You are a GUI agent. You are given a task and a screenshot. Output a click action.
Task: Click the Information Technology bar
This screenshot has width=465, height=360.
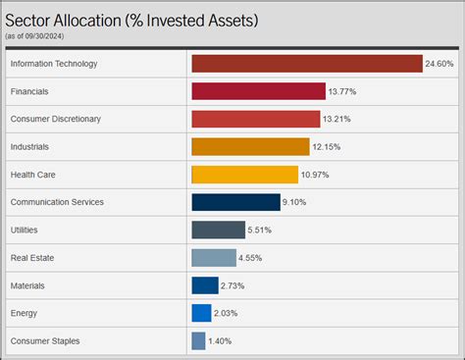coord(306,64)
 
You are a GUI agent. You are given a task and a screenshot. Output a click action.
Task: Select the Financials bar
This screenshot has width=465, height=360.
coord(258,91)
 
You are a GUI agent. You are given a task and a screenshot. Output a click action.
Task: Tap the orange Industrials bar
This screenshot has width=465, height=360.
coord(250,147)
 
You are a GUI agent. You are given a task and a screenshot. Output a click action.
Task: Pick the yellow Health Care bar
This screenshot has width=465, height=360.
coord(244,175)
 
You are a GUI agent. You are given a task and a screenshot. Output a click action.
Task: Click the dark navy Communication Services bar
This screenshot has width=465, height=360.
coord(235,202)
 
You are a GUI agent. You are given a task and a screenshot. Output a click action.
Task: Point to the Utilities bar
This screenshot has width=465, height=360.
coord(218,230)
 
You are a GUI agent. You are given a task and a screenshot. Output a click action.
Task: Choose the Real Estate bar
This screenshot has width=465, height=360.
coord(214,258)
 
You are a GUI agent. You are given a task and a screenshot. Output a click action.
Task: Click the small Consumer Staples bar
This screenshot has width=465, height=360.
coord(198,341)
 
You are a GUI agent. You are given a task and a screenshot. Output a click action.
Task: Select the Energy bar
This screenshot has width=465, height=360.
coord(201,313)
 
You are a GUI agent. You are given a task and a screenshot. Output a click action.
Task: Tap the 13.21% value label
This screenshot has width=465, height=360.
coord(336,120)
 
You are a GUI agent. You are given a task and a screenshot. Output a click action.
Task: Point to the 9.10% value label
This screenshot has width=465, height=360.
coord(296,203)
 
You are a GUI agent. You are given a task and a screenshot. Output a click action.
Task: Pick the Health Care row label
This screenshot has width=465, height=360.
coord(32,175)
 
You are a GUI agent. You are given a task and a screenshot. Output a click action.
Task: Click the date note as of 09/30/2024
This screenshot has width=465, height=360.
coord(35,35)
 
